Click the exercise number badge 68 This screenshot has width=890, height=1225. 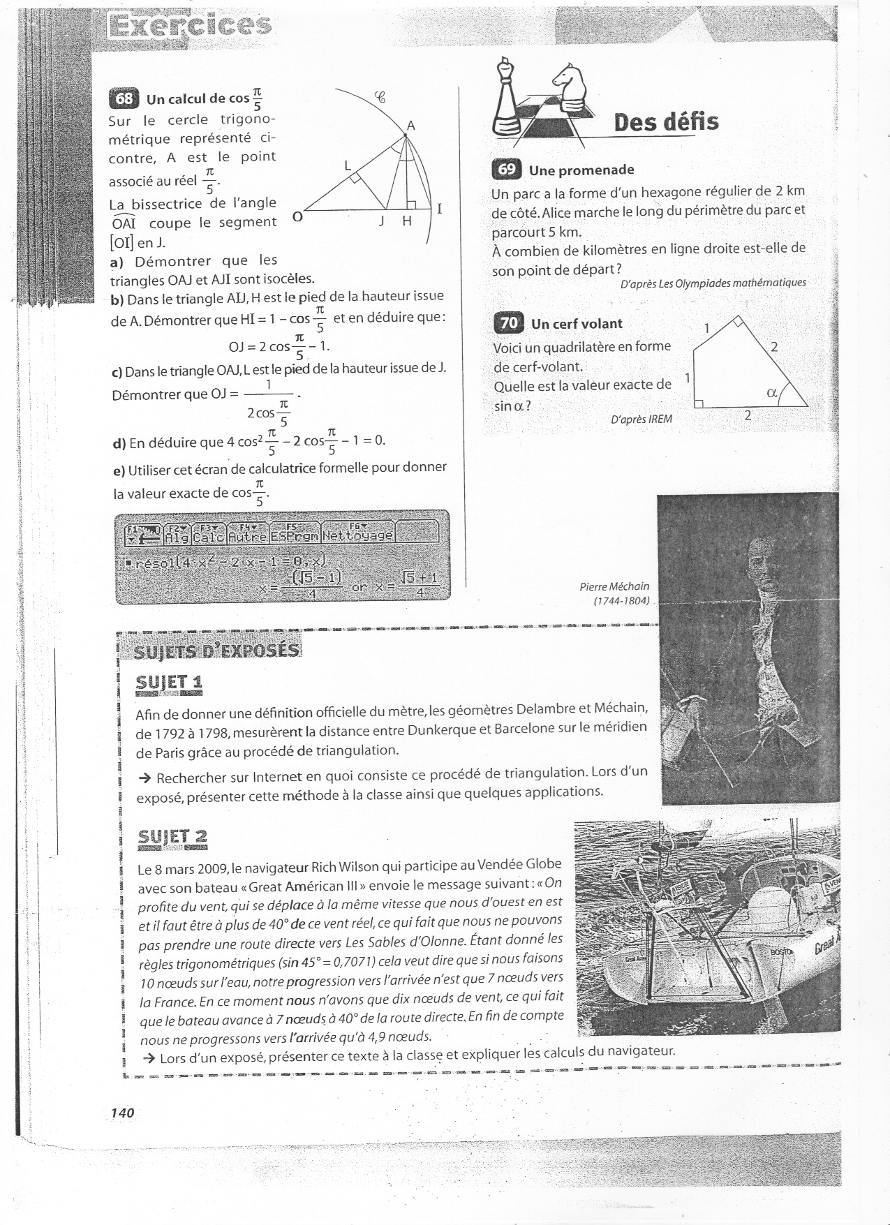(124, 98)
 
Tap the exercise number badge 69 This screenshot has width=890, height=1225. (506, 170)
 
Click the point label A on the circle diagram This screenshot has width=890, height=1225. (411, 126)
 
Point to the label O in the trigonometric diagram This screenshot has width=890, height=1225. (297, 217)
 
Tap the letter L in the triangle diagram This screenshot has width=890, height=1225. (348, 167)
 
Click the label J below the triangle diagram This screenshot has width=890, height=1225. (381, 221)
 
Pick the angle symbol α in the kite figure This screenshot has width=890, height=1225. (772, 392)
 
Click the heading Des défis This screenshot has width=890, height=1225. (666, 122)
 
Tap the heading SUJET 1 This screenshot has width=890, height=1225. (169, 682)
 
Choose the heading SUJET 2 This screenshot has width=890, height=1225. (172, 836)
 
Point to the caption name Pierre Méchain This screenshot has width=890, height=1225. (614, 586)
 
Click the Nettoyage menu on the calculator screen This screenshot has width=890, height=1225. (358, 536)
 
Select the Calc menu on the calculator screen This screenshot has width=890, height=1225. (208, 536)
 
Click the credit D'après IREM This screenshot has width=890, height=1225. (641, 419)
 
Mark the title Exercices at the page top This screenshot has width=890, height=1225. (188, 25)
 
